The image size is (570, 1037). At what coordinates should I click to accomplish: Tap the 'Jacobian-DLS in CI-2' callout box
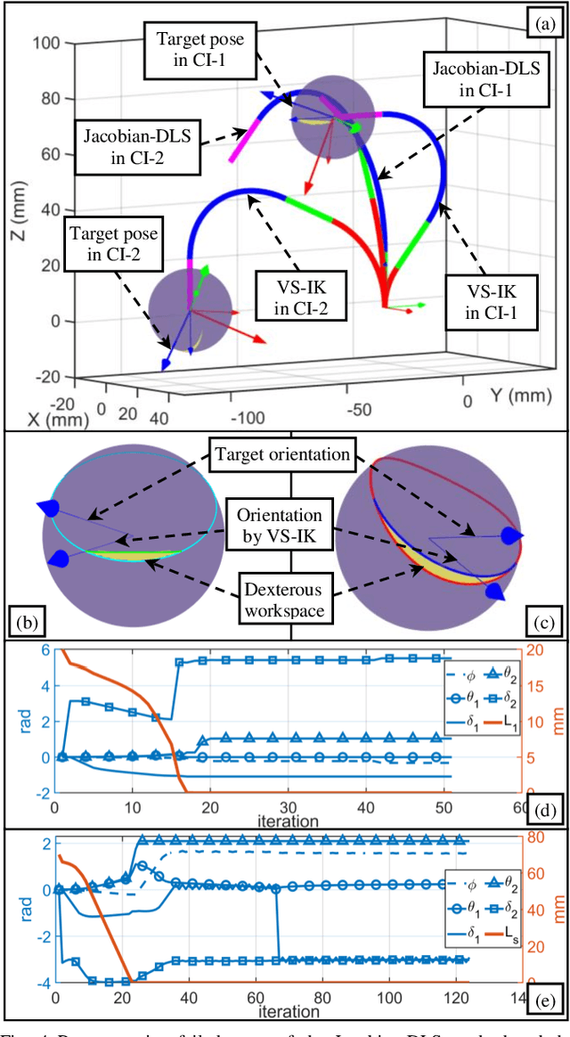(138, 147)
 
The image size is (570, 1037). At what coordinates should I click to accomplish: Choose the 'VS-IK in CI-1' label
(489, 300)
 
